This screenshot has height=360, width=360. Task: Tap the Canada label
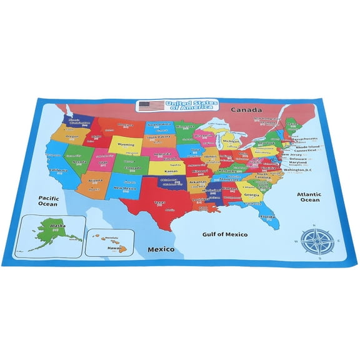246,110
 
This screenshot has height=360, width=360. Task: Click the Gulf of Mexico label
225,234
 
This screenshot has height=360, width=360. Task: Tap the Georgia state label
252,195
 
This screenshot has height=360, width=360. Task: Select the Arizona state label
96,181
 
